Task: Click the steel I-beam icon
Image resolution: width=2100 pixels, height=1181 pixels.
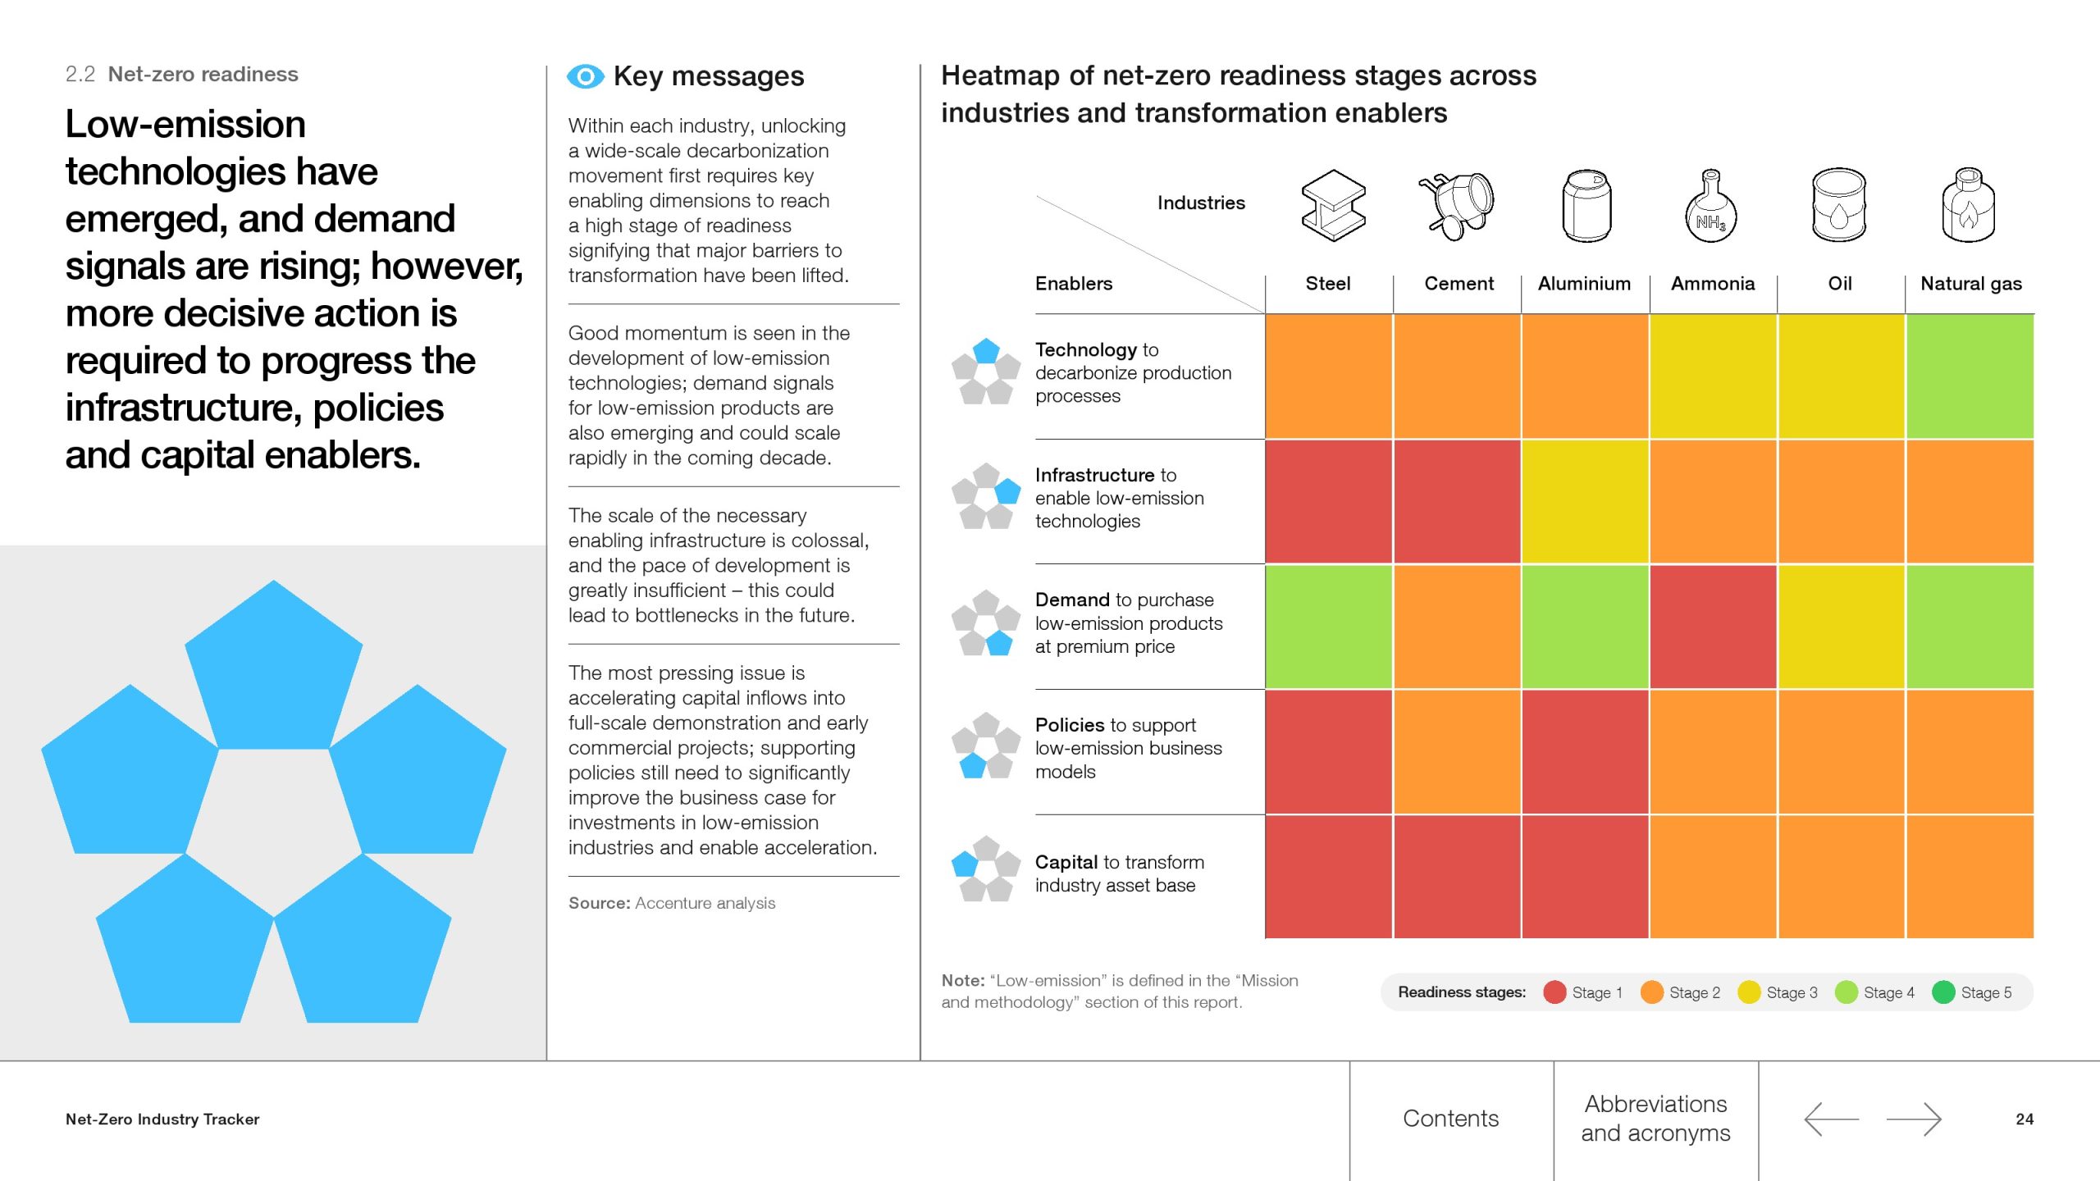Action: (x=1333, y=205)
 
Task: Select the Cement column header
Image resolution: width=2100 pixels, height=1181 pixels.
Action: (x=1459, y=284)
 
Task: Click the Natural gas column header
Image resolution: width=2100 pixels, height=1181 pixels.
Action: (x=1970, y=284)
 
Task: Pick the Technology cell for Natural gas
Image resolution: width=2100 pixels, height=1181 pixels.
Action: (x=1970, y=376)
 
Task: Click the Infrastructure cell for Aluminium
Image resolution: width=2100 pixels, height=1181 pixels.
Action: (x=1585, y=501)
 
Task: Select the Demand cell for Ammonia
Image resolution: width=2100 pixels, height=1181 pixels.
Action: (x=1713, y=627)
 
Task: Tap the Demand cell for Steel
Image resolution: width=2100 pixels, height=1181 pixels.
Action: (x=1328, y=627)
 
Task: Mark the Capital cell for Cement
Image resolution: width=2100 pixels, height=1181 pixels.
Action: (x=1457, y=877)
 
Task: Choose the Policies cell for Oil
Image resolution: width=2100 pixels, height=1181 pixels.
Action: (x=1841, y=751)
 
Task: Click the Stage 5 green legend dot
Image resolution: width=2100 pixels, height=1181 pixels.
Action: (x=1943, y=992)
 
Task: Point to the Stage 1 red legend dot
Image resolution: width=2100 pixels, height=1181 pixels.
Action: (x=1554, y=992)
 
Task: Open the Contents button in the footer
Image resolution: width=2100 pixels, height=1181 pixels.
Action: (x=1450, y=1119)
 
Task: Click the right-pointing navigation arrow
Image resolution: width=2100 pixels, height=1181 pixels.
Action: (x=1913, y=1119)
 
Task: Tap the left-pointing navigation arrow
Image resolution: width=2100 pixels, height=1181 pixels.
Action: (x=1831, y=1119)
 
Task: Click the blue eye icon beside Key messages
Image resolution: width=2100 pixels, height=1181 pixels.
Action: (x=585, y=77)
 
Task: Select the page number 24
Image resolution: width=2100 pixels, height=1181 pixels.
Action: (x=2024, y=1119)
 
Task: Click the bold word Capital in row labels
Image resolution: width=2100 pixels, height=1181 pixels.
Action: (x=1066, y=862)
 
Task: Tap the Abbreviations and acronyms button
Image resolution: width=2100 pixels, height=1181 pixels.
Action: (x=1655, y=1119)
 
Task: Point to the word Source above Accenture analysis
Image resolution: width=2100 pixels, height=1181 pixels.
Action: (x=599, y=903)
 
